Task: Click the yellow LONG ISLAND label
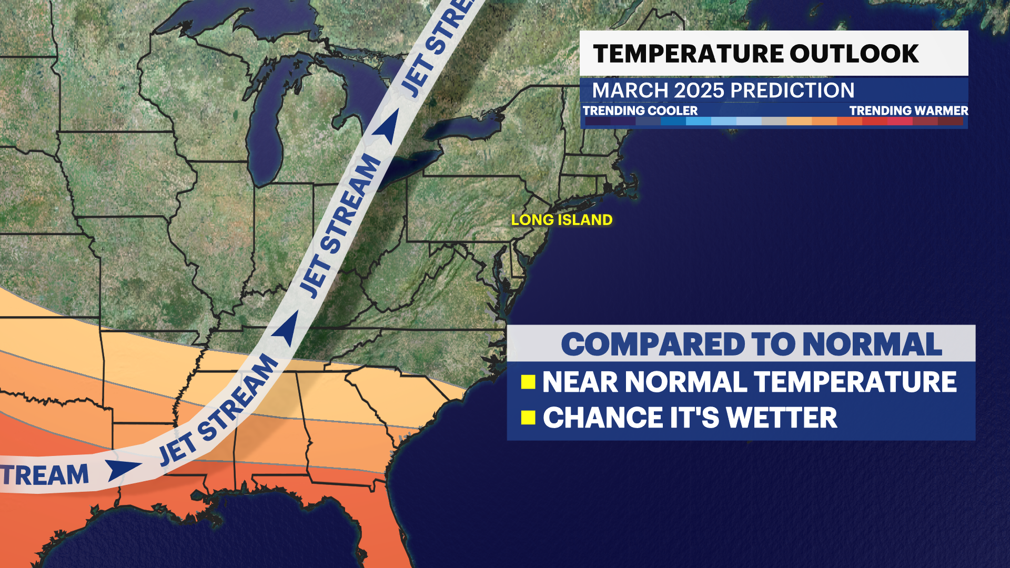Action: tap(561, 220)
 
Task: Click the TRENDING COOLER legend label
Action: tap(640, 110)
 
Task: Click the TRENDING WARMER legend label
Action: tap(908, 110)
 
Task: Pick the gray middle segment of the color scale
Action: tap(774, 121)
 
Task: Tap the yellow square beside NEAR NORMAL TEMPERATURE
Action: tap(528, 382)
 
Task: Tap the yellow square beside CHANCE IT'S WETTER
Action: tap(528, 418)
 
